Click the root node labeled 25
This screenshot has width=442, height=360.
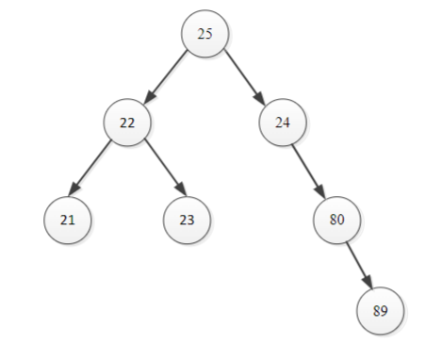[x=205, y=33]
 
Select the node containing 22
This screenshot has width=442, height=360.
[x=127, y=123]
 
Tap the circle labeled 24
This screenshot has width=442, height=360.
[x=283, y=123]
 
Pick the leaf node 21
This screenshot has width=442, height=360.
[x=67, y=220]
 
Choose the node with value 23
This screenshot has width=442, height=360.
[x=187, y=220]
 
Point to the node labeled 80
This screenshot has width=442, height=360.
[x=337, y=220]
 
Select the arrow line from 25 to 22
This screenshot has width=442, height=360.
[x=168, y=76]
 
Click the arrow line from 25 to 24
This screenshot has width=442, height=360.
[x=243, y=76]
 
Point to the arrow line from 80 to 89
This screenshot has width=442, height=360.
[x=358, y=263]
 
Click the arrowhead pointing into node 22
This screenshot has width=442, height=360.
[x=148, y=99]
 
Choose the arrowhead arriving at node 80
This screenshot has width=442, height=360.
[x=324, y=193]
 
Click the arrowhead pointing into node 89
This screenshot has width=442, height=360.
[x=369, y=285]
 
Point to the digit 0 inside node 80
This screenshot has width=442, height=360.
[x=341, y=220]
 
